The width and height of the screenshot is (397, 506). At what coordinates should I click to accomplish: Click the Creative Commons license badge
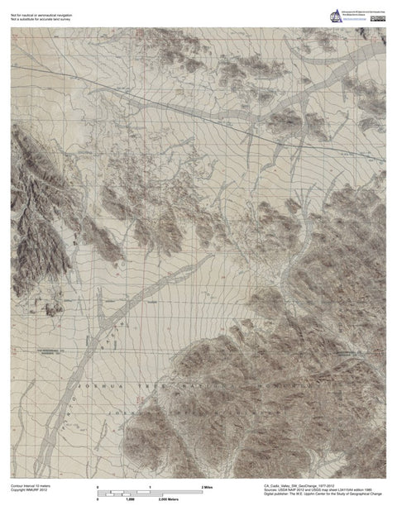(x=380, y=14)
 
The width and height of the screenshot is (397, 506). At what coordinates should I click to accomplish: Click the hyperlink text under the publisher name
(x=355, y=21)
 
